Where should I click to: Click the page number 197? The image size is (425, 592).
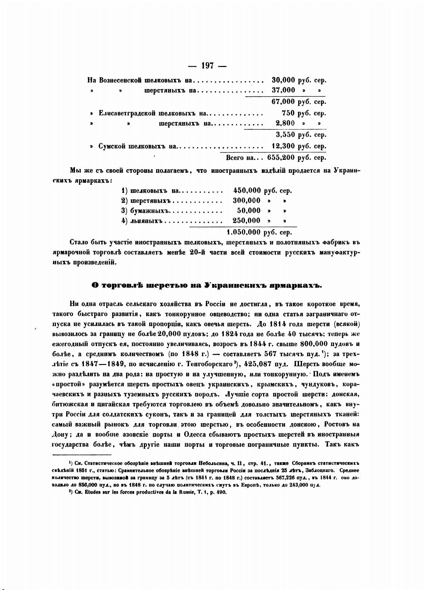point(208,66)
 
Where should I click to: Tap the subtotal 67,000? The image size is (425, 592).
point(283,102)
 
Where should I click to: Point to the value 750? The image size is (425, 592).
point(288,113)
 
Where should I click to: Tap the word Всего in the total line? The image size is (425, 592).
point(235,158)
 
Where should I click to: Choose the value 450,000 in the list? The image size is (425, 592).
point(247,191)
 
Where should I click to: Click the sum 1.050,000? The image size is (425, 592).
point(243,232)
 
